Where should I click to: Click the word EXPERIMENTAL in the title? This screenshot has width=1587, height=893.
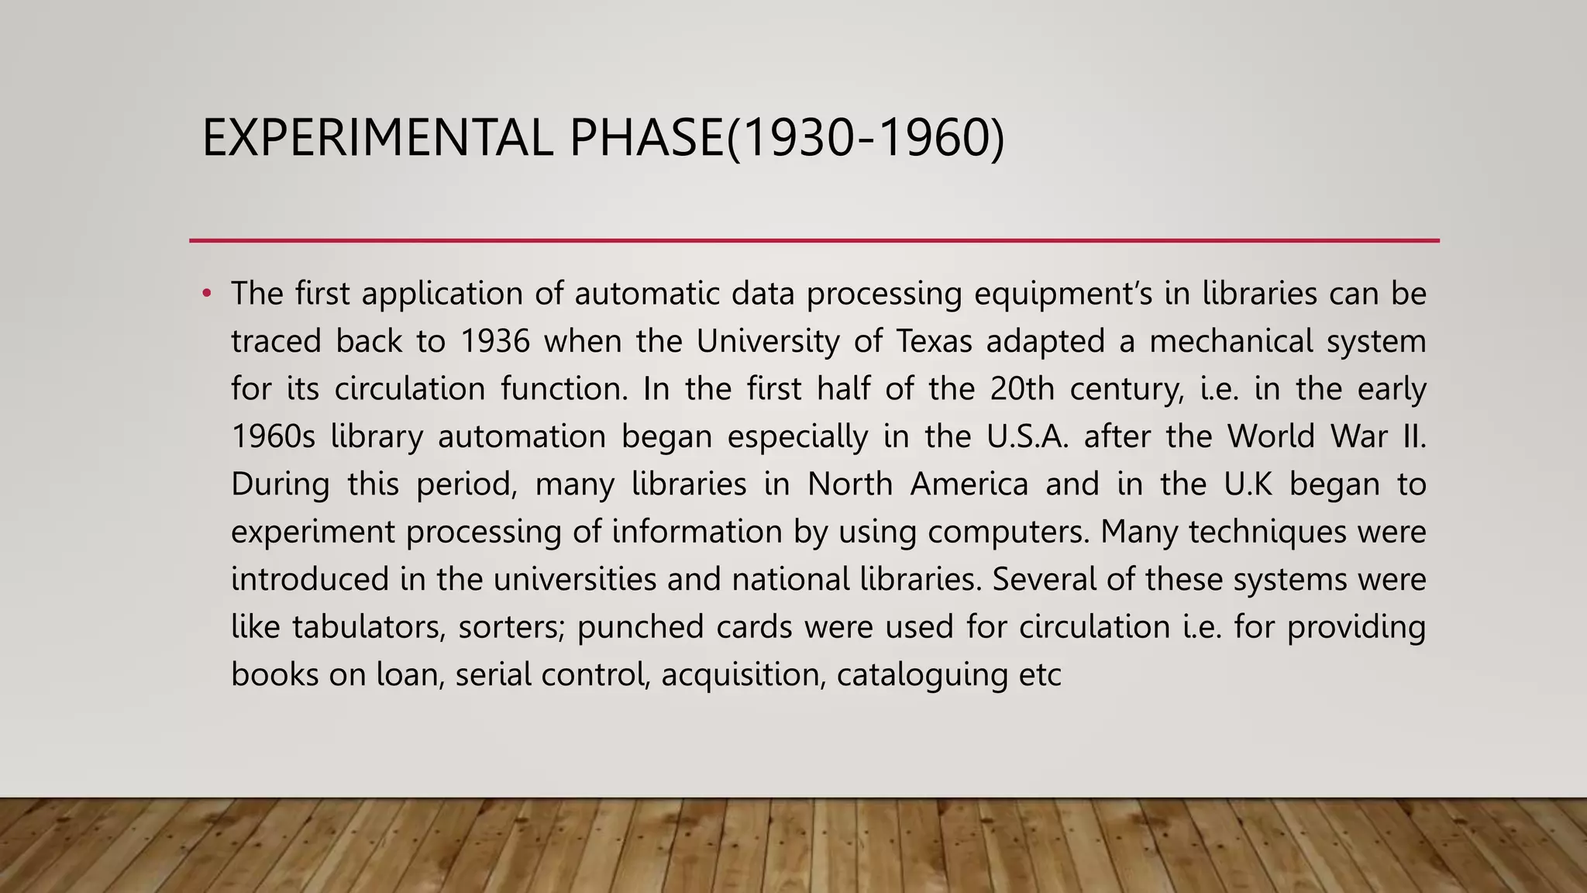377,138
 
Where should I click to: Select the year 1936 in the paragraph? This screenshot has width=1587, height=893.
495,342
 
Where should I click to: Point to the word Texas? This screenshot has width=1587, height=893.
934,342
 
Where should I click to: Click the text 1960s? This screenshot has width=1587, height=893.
274,437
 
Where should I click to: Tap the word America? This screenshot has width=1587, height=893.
969,484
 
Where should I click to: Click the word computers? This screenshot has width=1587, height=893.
1008,533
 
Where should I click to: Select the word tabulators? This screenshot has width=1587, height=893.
368,627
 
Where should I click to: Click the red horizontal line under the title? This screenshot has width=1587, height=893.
814,241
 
